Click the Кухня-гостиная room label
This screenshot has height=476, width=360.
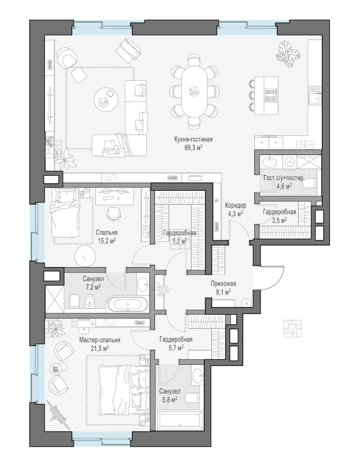coord(193,139)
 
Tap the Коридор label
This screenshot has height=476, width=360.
coord(235,205)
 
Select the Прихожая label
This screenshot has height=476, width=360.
coord(223,284)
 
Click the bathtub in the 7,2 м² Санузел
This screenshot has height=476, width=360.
coord(128,304)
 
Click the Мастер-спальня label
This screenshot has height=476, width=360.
coord(99,340)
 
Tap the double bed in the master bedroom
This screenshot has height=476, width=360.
coord(124,390)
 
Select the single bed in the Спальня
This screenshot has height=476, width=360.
coord(65,213)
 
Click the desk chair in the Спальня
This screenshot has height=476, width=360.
coord(112,213)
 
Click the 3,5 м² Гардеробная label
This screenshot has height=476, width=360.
coord(279,216)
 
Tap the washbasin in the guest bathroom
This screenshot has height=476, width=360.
coord(269,162)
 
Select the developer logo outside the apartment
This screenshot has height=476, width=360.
coord(292,328)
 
